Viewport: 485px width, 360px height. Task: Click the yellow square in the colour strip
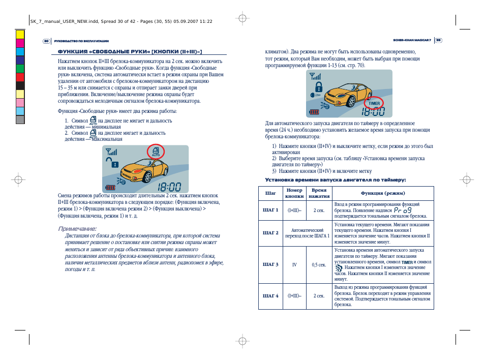(x=20, y=35)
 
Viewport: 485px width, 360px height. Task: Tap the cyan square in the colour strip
(x=20, y=51)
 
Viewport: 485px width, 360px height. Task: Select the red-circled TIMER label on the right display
(x=374, y=103)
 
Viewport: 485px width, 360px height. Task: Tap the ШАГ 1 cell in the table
(x=270, y=210)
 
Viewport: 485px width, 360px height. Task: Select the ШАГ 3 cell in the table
(x=270, y=264)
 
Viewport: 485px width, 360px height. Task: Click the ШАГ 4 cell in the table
(x=270, y=295)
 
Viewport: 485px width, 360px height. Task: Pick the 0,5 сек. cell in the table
(x=319, y=264)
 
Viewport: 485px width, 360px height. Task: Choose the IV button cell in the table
(x=294, y=264)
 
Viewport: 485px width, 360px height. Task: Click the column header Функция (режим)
(x=383, y=193)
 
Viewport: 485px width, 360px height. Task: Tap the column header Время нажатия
(x=319, y=193)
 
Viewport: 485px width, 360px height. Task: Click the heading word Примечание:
(x=77, y=228)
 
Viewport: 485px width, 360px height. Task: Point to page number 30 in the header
(x=46, y=41)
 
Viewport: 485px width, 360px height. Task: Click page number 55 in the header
(x=438, y=41)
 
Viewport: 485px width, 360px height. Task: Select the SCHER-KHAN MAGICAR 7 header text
(x=412, y=41)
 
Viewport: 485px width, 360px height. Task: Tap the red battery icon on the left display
(x=110, y=187)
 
